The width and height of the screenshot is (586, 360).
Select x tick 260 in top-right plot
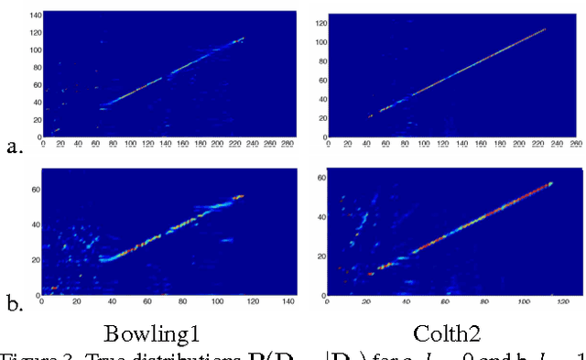point(576,144)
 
